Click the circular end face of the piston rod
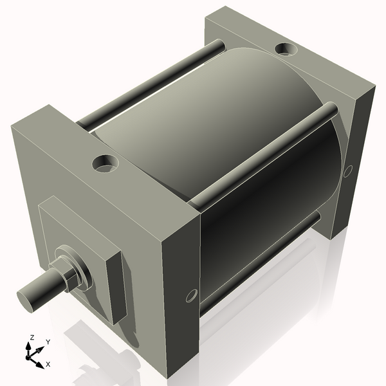[x=26, y=298]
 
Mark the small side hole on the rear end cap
[x=348, y=171]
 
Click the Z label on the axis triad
[x=32, y=337]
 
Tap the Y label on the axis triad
[x=48, y=342]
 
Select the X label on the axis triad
[x=48, y=364]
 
